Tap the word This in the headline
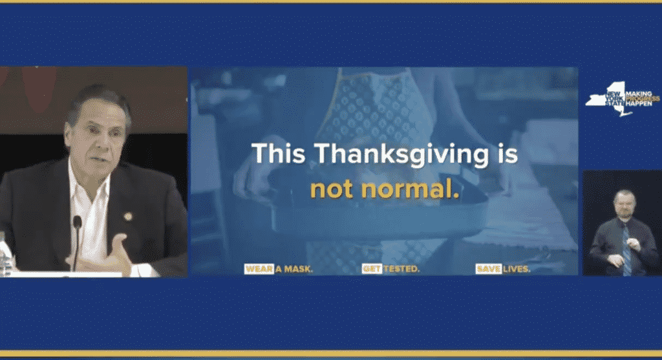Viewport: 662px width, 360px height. (279, 153)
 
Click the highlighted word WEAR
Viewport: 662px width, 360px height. (259, 269)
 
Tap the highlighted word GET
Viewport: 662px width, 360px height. (372, 269)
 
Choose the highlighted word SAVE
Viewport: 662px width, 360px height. (489, 269)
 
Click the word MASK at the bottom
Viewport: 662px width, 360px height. (299, 269)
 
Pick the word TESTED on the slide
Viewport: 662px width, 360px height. (401, 269)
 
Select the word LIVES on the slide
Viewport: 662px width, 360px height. (517, 269)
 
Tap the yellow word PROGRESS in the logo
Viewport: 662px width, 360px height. (643, 99)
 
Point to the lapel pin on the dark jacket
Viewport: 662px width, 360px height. (128, 217)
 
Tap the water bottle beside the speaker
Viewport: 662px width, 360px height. (5, 253)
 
